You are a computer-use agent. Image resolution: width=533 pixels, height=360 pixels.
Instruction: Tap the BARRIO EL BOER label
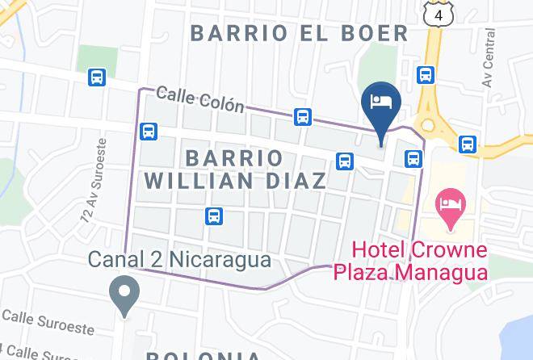click(x=299, y=33)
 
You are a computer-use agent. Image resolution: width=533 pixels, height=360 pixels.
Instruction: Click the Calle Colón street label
click(x=199, y=99)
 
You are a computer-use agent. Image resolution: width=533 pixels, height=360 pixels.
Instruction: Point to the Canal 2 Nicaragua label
click(x=178, y=261)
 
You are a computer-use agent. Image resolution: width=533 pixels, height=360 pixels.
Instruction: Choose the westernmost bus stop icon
click(x=97, y=77)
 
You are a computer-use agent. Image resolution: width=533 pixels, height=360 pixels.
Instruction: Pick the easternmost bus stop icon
click(x=467, y=144)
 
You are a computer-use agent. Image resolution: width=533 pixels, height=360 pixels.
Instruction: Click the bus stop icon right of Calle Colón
click(x=303, y=117)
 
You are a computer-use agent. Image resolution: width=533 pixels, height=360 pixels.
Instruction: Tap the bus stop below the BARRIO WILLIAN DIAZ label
click(x=214, y=216)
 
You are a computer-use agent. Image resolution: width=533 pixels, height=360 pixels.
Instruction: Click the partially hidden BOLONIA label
click(x=204, y=355)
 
